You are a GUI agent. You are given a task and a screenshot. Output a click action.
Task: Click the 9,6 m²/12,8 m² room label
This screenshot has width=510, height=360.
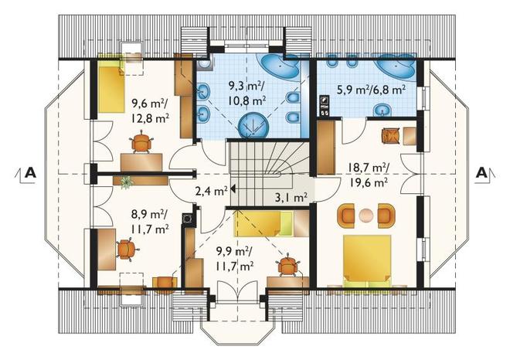coord(150,111)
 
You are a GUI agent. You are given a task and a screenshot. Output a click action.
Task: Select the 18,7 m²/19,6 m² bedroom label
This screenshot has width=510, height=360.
coord(369,175)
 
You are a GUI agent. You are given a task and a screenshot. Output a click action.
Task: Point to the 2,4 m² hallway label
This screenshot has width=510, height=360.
coord(211,192)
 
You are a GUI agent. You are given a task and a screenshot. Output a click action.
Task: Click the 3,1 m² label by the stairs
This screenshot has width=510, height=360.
coord(291,197)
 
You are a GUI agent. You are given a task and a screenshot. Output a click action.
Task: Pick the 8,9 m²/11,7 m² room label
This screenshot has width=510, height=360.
coord(150,221)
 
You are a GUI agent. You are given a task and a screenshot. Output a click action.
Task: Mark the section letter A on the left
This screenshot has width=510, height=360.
coord(31,172)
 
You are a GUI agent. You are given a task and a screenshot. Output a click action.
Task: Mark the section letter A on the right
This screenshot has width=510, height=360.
coord(481,172)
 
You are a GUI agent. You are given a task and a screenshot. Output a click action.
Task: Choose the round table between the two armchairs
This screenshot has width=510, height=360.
coord(366,215)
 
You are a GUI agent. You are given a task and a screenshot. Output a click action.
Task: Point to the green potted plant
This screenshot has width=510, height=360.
coord(126,182)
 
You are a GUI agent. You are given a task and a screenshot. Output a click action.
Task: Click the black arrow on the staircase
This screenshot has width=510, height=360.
coord(233,188)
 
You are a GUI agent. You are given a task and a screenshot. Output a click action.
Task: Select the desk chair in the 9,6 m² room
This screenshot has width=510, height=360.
coord(142,142)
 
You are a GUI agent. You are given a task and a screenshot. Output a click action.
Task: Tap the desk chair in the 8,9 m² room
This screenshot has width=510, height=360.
coord(127,250)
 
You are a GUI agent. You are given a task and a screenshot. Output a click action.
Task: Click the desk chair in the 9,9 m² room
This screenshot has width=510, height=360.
coord(287,266)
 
